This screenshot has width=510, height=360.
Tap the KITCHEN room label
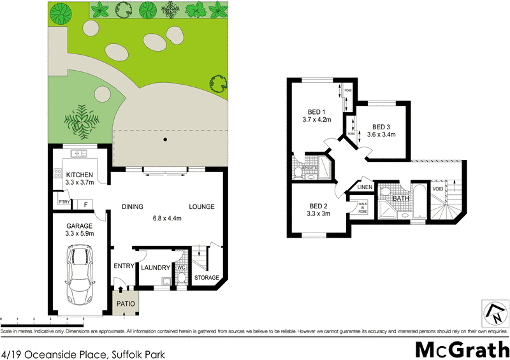(x=80, y=175)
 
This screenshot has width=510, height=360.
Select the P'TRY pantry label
(x=63, y=203)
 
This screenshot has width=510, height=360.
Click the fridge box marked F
(x=85, y=205)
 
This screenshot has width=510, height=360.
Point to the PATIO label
(x=126, y=304)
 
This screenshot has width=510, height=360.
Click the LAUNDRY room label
(x=154, y=268)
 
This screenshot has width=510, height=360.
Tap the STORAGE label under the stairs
(x=207, y=278)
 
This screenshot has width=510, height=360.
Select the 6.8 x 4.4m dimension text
(x=166, y=219)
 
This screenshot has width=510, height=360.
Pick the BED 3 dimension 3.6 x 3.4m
(x=381, y=134)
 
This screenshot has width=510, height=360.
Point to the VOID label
(x=438, y=189)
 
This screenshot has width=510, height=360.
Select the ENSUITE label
(x=301, y=168)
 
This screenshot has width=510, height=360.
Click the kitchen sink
(x=80, y=153)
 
